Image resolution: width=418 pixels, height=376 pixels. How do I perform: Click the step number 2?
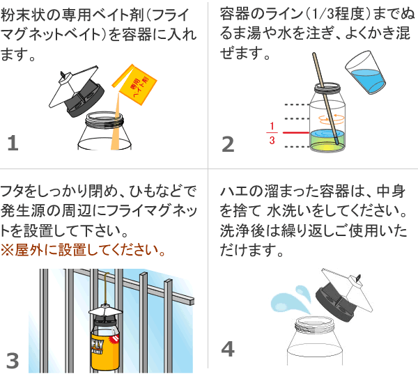228,143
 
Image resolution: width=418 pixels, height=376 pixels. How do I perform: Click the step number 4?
228,348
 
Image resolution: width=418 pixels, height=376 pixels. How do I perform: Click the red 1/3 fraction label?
272,133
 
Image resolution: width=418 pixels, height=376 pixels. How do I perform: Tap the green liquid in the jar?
325,143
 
